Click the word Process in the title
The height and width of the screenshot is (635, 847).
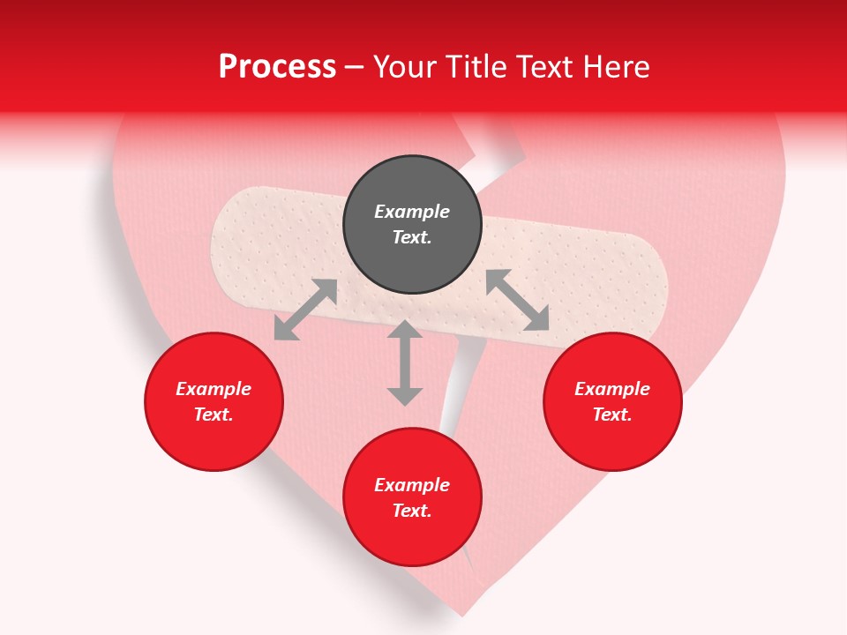coord(277,67)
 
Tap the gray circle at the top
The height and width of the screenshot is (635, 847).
coord(412,225)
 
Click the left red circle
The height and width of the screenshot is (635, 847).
coord(214,401)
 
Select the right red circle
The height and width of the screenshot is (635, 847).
coord(612,401)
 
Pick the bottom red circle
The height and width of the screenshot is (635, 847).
coord(412,497)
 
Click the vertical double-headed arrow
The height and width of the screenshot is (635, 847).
coord(405,362)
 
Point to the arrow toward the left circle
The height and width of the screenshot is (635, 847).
coord(305,310)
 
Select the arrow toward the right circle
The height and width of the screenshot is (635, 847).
coord(518,301)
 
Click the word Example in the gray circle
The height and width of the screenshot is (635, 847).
coord(412,212)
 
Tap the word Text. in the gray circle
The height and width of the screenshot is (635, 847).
coord(412,237)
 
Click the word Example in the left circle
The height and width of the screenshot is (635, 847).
coord(214,389)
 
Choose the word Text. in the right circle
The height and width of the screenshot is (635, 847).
coord(612,415)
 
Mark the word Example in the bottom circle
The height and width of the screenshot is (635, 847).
coord(412,485)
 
